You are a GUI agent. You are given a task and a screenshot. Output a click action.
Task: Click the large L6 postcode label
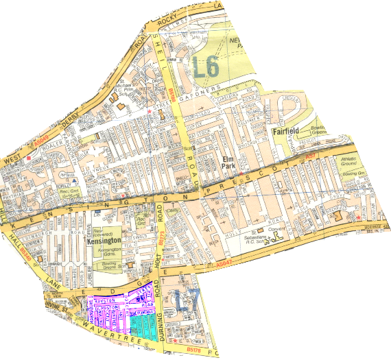coord(206,68)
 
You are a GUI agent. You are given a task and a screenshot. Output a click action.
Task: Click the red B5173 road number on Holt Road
coord(163,237)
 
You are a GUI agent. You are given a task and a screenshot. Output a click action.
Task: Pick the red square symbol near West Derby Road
coord(28,158)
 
